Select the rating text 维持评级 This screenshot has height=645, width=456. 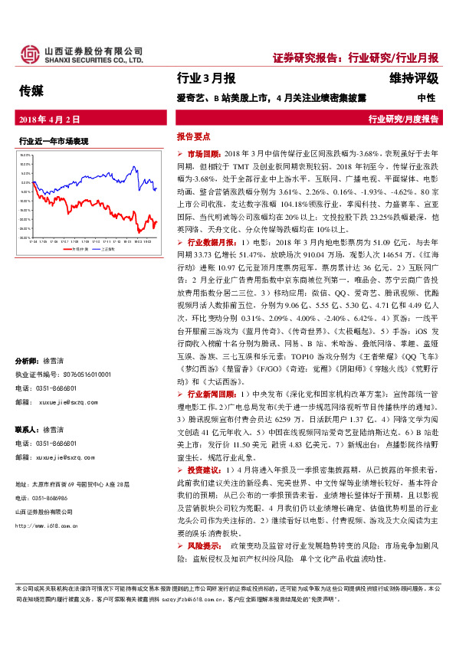[409, 78]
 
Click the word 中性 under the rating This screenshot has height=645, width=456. [425, 98]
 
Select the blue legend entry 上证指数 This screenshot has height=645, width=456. [104, 249]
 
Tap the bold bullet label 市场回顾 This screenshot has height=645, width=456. [203, 154]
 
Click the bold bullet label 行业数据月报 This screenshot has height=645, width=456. [208, 263]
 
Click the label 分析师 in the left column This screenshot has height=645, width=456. [28, 361]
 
